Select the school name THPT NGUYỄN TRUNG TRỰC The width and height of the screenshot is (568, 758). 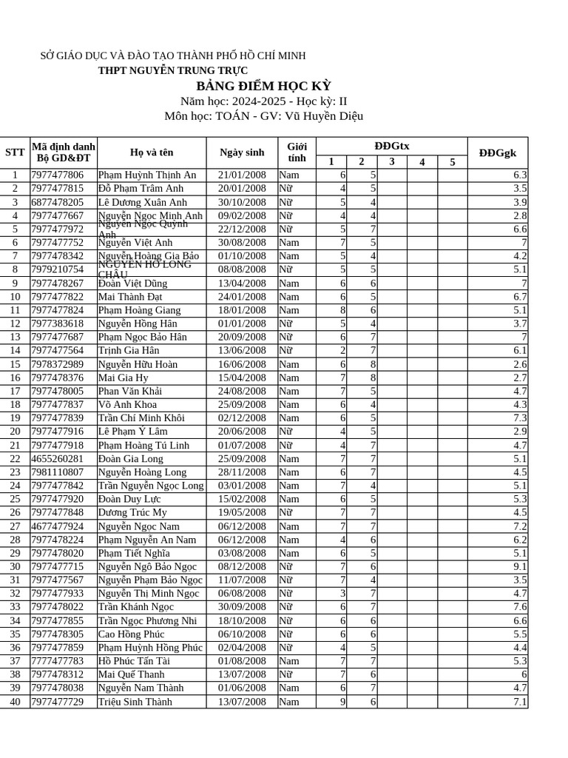(x=173, y=70)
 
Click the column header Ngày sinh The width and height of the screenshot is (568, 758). (x=242, y=152)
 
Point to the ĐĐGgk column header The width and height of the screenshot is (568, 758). (x=497, y=152)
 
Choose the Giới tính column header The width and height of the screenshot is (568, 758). (x=297, y=152)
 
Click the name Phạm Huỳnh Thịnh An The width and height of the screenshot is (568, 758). (x=147, y=175)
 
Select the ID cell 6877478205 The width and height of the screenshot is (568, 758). (x=58, y=202)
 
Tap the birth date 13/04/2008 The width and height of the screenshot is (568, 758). (x=242, y=283)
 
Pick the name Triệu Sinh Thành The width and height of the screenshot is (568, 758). (x=135, y=702)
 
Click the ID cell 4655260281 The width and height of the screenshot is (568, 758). (x=58, y=458)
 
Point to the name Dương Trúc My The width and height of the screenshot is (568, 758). (x=132, y=512)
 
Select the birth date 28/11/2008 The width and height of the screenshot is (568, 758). (x=242, y=472)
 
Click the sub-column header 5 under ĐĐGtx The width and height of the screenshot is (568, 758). (x=452, y=162)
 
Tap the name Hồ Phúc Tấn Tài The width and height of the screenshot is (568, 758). (x=134, y=661)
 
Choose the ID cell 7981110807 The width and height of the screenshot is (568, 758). (x=58, y=472)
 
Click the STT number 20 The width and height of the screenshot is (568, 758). (x=15, y=432)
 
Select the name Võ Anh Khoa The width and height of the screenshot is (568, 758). (x=127, y=404)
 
